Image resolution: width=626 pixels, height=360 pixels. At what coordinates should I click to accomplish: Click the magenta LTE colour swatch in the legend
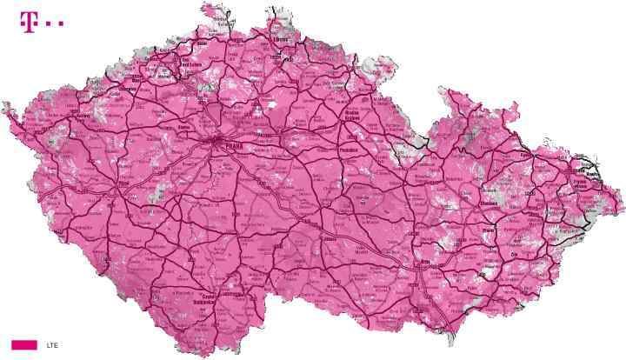(x=24, y=344)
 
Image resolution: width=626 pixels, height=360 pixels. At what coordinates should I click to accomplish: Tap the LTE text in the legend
(x=52, y=345)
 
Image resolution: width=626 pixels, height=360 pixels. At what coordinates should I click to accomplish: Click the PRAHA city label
(x=234, y=147)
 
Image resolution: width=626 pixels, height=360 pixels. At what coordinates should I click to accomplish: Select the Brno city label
(x=425, y=260)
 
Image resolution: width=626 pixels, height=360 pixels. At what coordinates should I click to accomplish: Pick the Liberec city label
(x=280, y=41)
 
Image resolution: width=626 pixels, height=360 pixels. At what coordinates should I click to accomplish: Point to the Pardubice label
(x=351, y=150)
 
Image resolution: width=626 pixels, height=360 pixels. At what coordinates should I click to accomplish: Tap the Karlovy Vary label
(x=84, y=113)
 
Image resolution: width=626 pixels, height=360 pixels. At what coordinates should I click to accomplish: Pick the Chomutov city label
(x=132, y=90)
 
